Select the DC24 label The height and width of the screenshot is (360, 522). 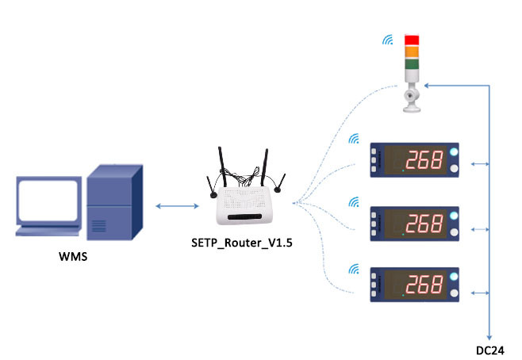(x=490, y=350)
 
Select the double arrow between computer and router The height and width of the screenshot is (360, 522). (x=176, y=207)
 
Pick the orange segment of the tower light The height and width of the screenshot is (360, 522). (x=412, y=52)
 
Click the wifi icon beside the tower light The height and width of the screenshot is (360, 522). (x=389, y=39)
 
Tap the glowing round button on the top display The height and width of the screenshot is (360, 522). (x=454, y=151)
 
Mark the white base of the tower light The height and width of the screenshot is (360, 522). (x=412, y=99)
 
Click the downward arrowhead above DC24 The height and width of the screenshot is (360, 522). (x=489, y=336)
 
